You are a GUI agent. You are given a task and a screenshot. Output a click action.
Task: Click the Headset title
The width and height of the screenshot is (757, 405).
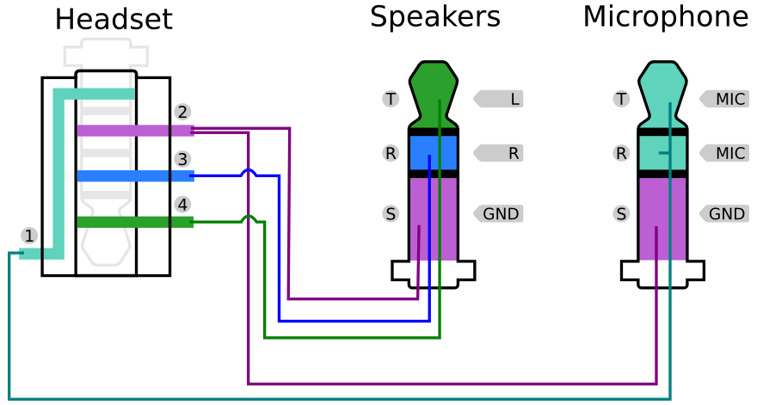pos(114,20)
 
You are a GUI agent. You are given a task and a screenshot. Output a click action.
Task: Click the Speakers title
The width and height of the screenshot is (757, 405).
pos(434,16)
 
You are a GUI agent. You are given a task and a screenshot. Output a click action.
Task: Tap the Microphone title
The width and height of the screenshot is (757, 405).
pos(665,16)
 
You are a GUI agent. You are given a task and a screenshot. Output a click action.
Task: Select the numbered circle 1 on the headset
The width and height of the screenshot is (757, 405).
pos(29,236)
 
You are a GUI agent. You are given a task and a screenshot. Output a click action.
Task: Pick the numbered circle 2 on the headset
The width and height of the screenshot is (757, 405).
pos(182,112)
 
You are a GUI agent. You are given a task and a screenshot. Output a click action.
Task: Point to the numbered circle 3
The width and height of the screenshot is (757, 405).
pos(182,159)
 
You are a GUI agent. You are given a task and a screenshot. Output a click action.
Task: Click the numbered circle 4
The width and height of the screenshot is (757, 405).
pos(182,205)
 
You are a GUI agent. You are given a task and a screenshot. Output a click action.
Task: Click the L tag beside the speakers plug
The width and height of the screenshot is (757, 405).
pos(500,99)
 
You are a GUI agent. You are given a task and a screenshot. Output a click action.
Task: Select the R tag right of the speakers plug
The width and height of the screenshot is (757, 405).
pos(500,153)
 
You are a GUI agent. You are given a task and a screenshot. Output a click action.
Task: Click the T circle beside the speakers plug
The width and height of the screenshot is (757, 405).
pos(391,99)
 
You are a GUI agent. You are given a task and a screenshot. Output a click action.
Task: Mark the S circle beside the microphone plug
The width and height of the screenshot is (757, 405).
pos(621,213)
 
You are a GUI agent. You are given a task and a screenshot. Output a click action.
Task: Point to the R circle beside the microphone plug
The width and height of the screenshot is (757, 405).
pos(621,153)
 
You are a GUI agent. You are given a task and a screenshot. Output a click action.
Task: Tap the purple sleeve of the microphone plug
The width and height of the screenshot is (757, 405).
pos(662,219)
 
